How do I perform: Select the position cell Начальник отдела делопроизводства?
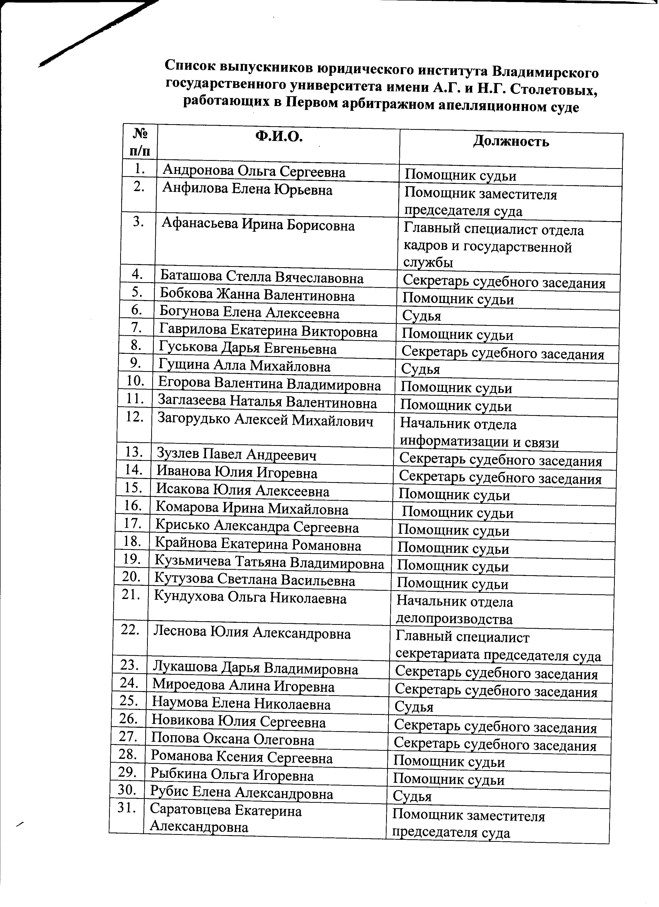tap(454, 611)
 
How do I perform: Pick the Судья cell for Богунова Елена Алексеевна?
tap(421, 316)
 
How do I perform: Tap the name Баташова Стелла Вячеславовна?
tap(262, 278)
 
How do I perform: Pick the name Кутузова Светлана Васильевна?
tap(255, 580)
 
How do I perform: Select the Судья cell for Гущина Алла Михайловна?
tap(420, 369)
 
